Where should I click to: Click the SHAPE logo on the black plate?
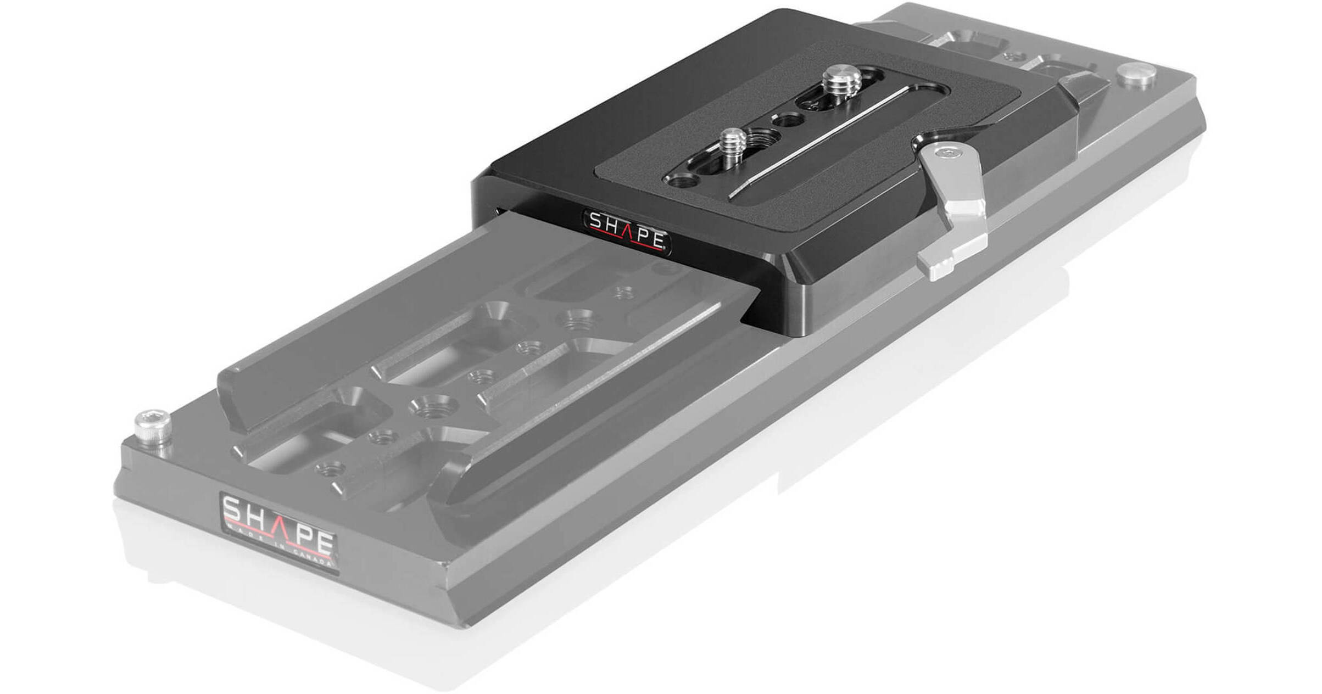click(627, 230)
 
